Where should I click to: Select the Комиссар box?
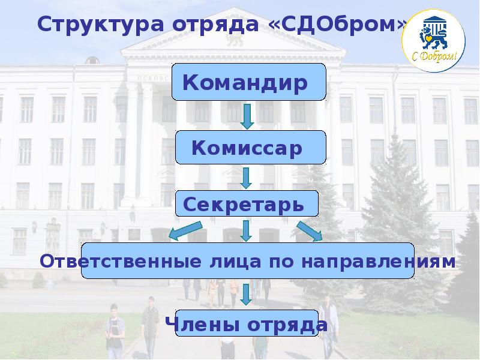pyautogui.click(x=251, y=148)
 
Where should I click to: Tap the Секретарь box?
pyautogui.click(x=247, y=204)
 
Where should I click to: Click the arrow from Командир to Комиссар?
pyautogui.click(x=247, y=116)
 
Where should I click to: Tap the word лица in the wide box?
pyautogui.click(x=227, y=262)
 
